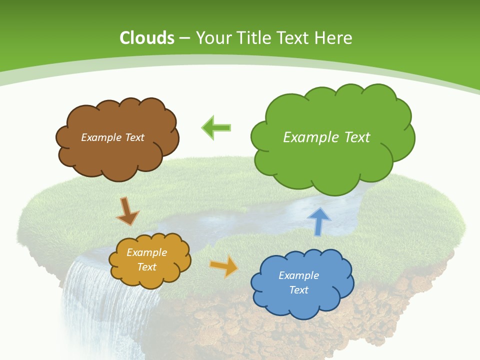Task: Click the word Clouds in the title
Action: click(147, 38)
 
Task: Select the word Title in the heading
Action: click(253, 38)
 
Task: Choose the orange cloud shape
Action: click(150, 275)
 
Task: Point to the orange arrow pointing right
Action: click(224, 266)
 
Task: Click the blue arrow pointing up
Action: click(319, 221)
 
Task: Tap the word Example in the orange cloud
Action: click(146, 252)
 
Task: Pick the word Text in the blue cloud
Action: click(298, 290)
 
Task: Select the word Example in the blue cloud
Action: click(298, 275)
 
